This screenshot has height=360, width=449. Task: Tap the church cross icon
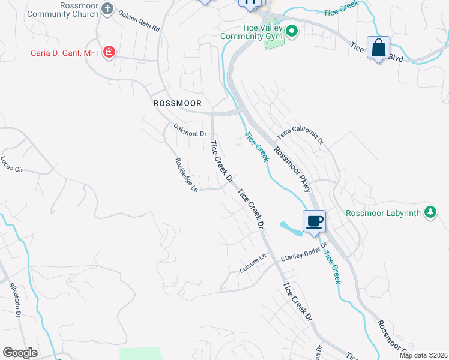point(107,8)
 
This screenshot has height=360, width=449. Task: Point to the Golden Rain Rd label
point(139,21)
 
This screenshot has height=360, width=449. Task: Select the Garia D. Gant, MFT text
point(65,52)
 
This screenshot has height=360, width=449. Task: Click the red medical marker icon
point(109,52)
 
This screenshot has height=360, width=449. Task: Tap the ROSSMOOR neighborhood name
point(176,103)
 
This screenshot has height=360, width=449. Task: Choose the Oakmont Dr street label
point(190,130)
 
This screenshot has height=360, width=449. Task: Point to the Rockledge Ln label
point(186,175)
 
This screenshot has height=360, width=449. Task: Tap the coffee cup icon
point(314,221)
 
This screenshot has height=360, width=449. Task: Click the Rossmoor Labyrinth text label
point(384,212)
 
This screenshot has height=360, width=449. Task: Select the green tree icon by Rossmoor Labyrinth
point(430,212)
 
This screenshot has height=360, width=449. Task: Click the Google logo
point(20,353)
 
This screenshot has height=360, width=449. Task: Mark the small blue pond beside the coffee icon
point(291,229)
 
